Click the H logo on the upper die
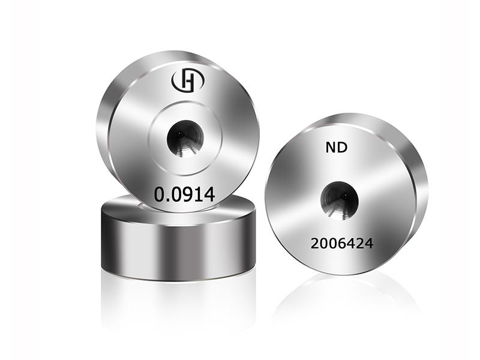(x=188, y=80)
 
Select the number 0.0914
(x=185, y=194)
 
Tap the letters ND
(x=337, y=148)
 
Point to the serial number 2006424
(x=342, y=244)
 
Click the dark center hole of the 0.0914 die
(x=185, y=139)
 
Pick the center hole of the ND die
(x=339, y=200)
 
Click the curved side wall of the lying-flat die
(x=178, y=245)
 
